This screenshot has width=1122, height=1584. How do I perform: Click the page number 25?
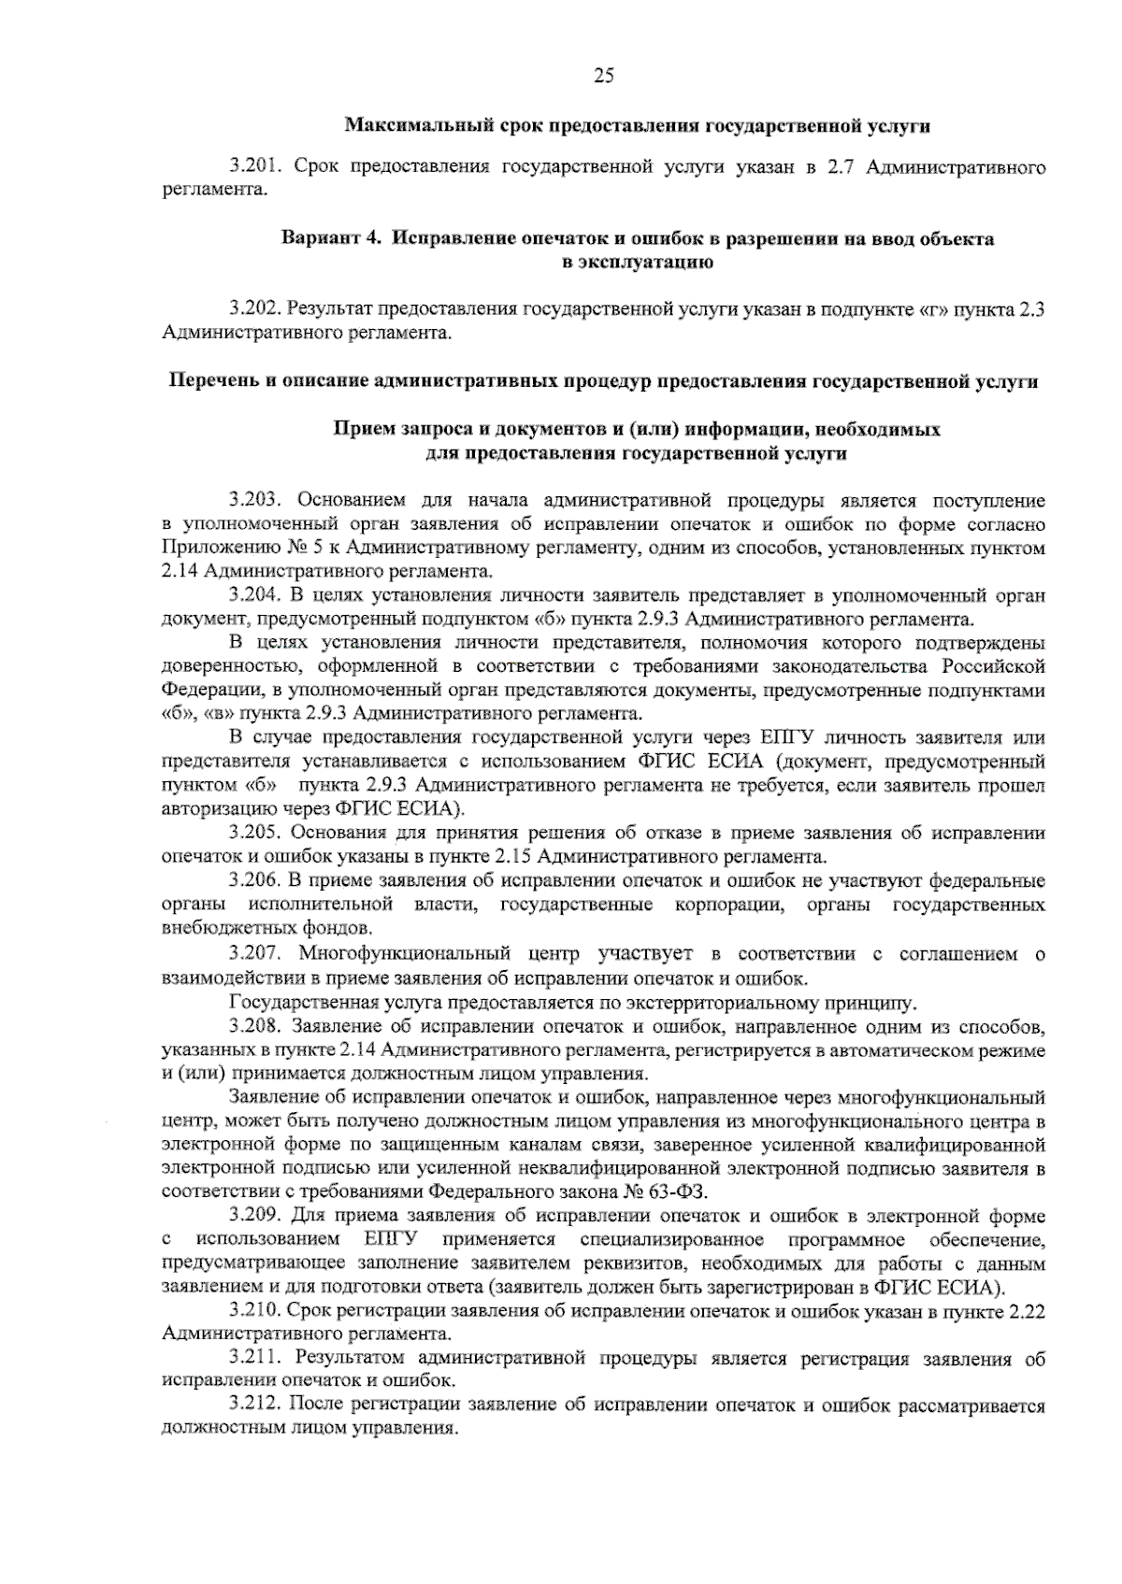click(x=603, y=78)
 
